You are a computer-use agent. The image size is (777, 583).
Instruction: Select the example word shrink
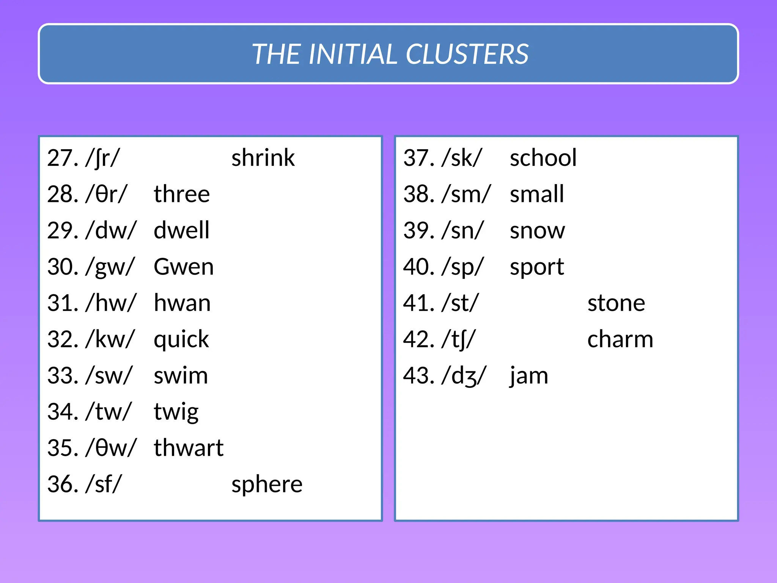(263, 158)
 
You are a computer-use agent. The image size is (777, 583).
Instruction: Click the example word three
(182, 194)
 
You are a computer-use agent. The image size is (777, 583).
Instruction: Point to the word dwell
(181, 230)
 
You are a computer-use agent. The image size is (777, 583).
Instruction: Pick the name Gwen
(184, 267)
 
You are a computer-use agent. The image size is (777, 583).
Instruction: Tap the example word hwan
(182, 303)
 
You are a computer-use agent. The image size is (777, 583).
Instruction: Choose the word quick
(181, 339)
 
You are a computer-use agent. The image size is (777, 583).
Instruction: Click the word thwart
(189, 448)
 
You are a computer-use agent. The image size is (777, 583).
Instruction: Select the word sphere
(267, 485)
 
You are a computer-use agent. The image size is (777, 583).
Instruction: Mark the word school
(543, 158)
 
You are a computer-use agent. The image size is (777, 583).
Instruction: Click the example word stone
(616, 303)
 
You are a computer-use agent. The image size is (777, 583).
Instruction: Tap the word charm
(620, 339)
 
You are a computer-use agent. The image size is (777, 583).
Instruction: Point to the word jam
(529, 376)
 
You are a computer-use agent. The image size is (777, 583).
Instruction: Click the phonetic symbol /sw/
(109, 376)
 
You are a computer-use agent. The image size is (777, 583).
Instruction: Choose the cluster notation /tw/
(109, 412)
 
